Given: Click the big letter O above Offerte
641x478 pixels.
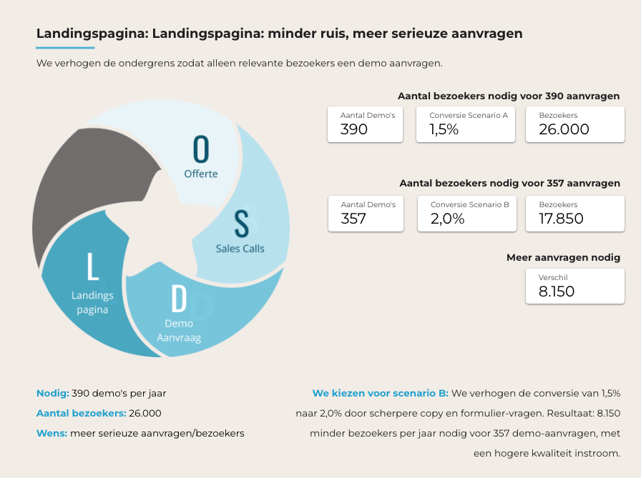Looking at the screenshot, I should pyautogui.click(x=202, y=149).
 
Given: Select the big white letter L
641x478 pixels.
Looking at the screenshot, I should pyautogui.click(x=92, y=266).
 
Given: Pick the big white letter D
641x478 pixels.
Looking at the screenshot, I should pyautogui.click(x=178, y=299).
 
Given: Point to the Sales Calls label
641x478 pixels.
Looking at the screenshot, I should pyautogui.click(x=240, y=249).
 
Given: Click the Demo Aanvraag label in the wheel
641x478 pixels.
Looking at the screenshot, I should pyautogui.click(x=178, y=330).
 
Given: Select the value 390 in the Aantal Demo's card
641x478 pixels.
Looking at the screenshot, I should pyautogui.click(x=354, y=129).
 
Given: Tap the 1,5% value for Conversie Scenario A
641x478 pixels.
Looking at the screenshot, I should pyautogui.click(x=444, y=129).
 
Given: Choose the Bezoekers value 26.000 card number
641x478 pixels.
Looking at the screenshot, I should pyautogui.click(x=564, y=129).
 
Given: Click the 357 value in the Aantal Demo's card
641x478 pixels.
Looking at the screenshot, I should pyautogui.click(x=353, y=219).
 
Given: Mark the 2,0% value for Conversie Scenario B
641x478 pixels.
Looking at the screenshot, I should pyautogui.click(x=447, y=219).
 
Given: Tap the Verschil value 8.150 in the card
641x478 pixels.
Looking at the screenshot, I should pyautogui.click(x=557, y=291).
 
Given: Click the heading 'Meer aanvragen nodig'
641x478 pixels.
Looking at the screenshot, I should pyautogui.click(x=563, y=257).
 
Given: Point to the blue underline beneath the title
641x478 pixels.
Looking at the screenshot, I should pyautogui.click(x=65, y=48).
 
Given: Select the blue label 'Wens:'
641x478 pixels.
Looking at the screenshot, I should pyautogui.click(x=52, y=433).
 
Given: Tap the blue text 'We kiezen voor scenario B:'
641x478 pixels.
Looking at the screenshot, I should pyautogui.click(x=380, y=393).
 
